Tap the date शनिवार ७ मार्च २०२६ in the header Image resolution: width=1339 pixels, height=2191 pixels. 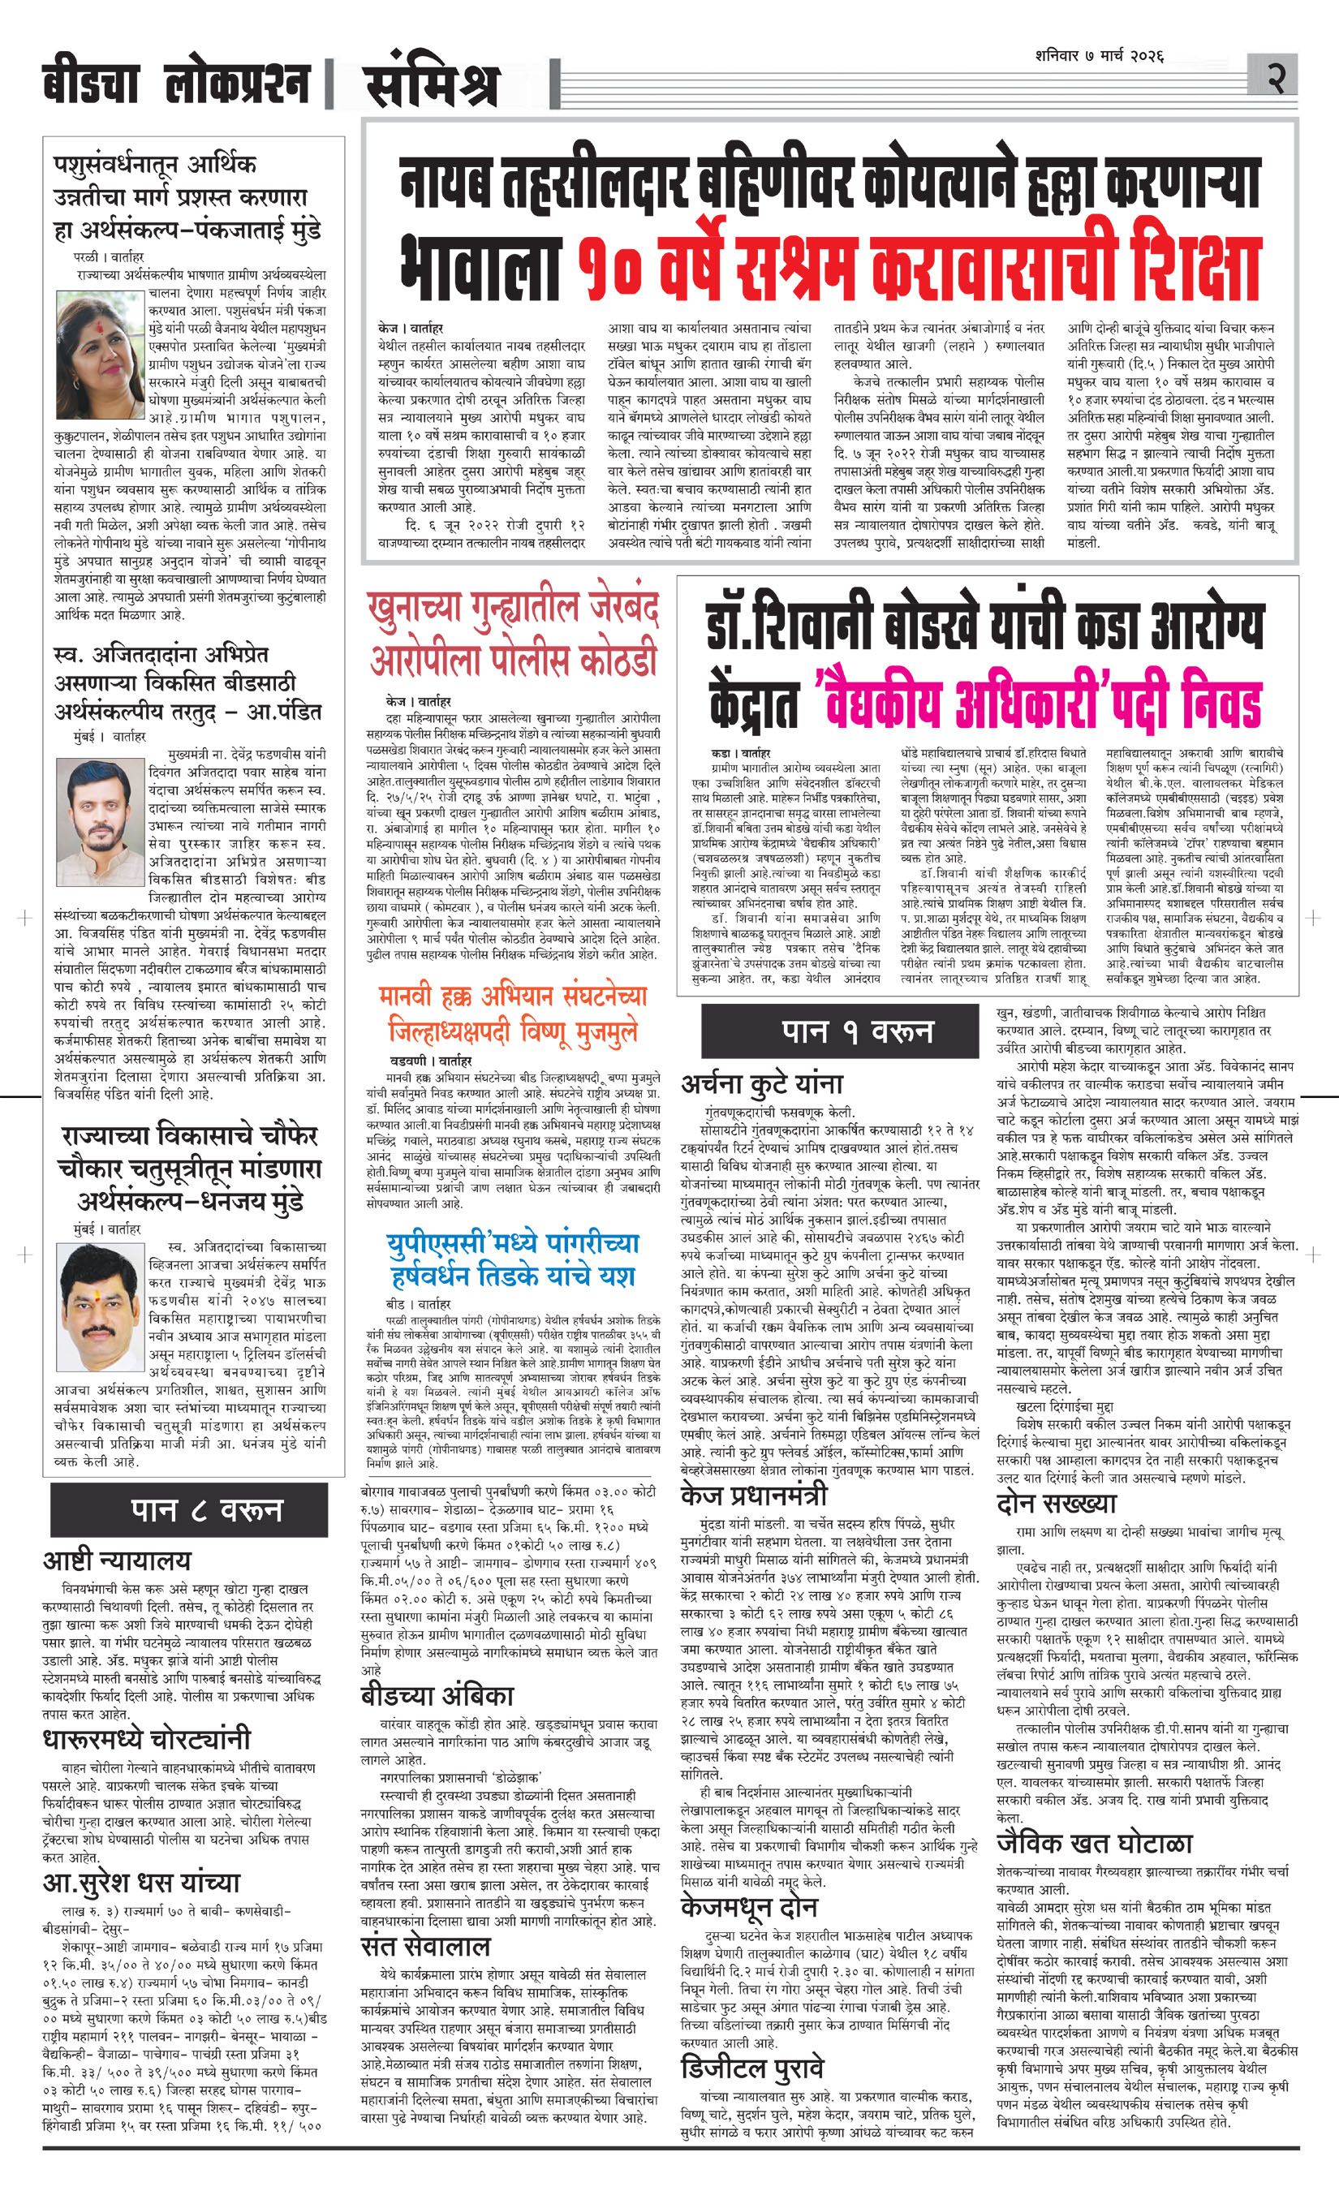pyautogui.click(x=1100, y=57)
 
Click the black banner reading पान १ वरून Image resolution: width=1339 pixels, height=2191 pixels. pyautogui.click(x=857, y=1031)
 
